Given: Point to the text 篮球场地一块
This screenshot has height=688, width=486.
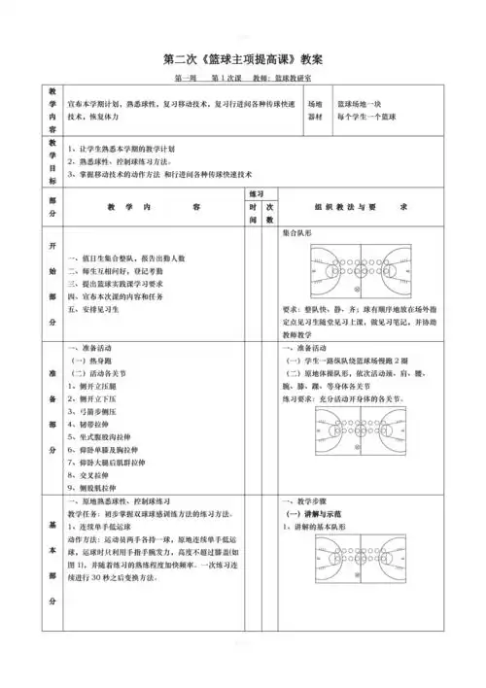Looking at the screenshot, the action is pyautogui.click(x=365, y=102).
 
